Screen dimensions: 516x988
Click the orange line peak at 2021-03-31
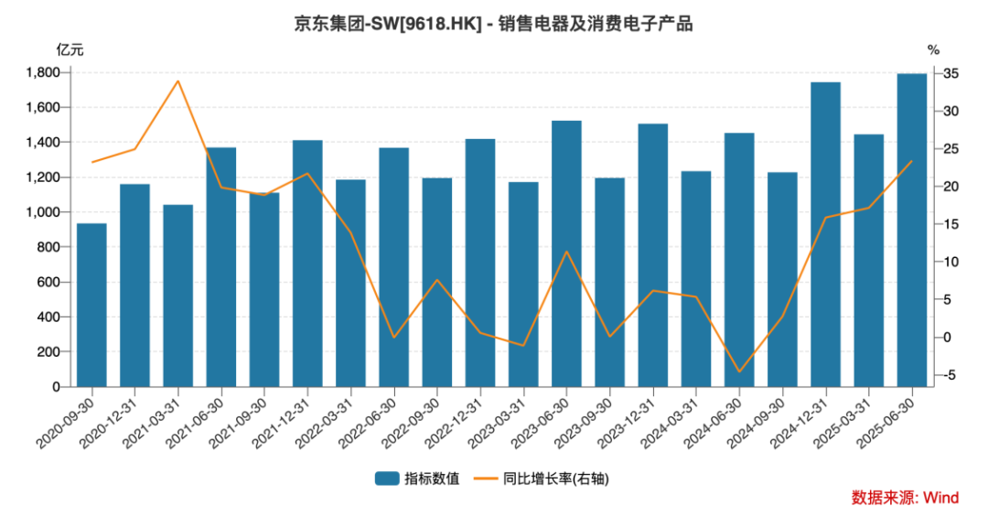[177, 81]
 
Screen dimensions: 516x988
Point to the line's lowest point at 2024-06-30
[739, 371]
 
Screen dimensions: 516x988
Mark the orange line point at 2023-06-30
[566, 252]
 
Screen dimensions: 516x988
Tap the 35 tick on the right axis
[951, 73]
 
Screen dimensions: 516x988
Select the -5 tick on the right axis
[951, 375]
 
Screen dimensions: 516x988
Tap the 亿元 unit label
[70, 49]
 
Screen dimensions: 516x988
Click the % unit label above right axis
[933, 49]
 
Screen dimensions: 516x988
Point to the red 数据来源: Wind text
[905, 498]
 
